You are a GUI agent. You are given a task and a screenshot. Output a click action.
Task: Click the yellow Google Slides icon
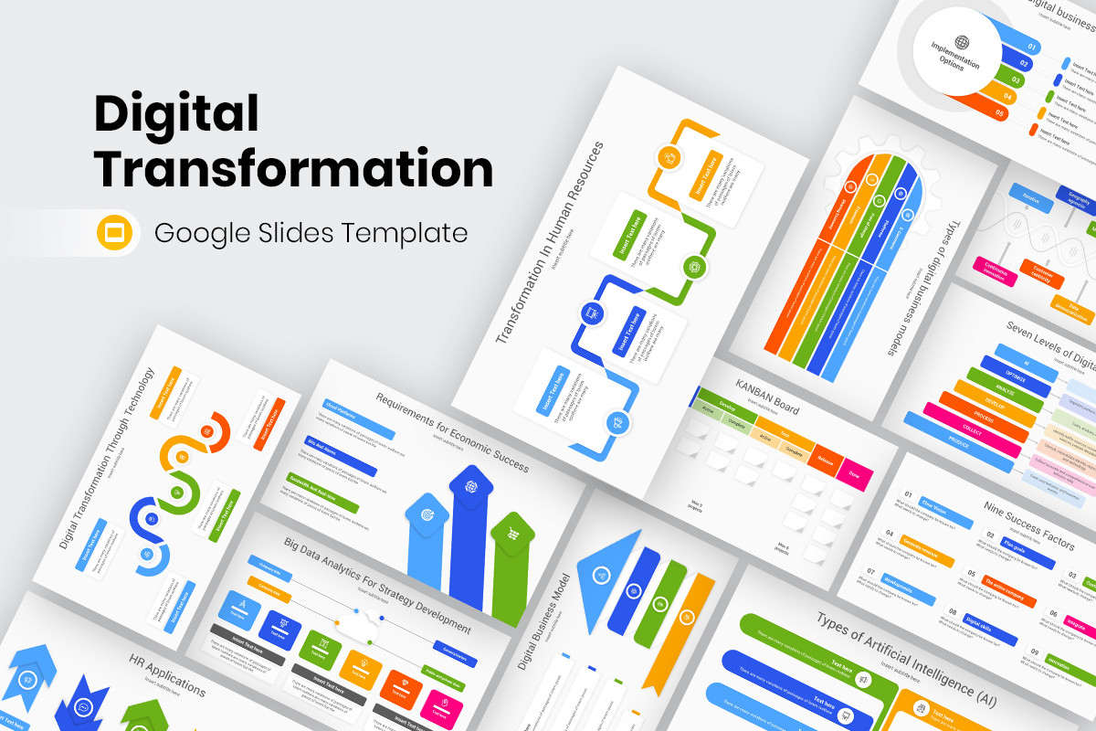(115, 233)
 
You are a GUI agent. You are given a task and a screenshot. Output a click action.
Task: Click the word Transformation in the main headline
(294, 168)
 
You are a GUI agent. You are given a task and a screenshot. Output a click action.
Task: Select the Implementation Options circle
(955, 53)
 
